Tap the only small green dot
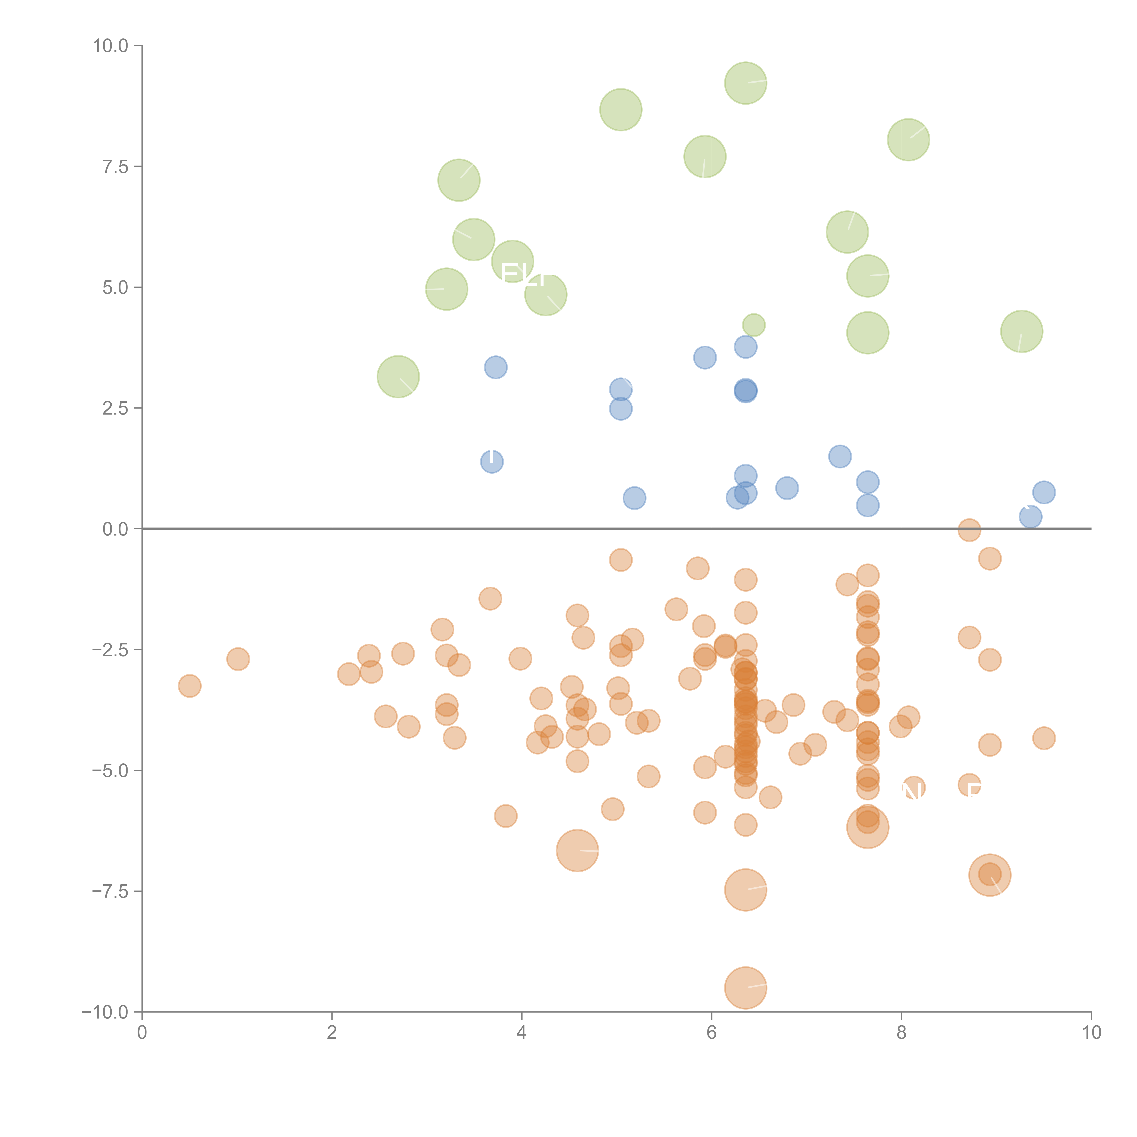point(754,325)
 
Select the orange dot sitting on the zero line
point(969,530)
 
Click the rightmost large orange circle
point(990,875)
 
